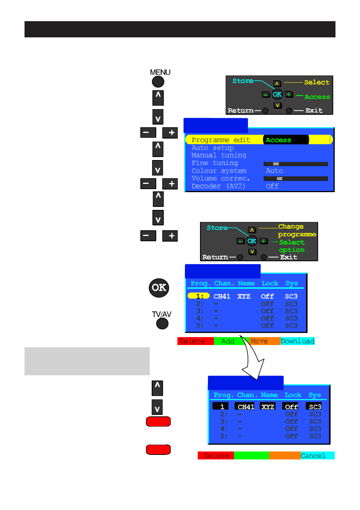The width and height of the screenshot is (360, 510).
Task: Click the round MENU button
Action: (158, 82)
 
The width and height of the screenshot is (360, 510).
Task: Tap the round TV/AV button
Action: (162, 324)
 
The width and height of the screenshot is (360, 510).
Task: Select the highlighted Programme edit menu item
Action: (221, 140)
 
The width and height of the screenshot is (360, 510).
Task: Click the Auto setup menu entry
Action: (212, 148)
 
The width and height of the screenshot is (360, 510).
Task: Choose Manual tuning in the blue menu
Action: (219, 155)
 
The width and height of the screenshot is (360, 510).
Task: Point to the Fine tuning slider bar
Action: (295, 164)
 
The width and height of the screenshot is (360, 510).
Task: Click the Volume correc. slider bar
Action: (295, 179)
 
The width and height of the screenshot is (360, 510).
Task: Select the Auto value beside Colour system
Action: (274, 171)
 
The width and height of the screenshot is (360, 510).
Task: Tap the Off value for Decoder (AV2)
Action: (272, 186)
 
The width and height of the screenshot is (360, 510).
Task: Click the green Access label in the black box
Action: (278, 140)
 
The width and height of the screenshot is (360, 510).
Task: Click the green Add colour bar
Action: (228, 341)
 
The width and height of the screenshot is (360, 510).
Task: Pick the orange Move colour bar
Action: (265, 341)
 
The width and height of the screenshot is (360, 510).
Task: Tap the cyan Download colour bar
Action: (297, 341)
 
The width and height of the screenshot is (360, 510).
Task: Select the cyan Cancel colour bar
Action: (317, 455)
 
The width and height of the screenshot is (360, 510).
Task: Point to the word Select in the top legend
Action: (317, 82)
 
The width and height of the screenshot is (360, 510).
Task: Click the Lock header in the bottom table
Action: (293, 395)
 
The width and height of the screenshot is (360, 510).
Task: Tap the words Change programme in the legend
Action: (297, 230)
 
